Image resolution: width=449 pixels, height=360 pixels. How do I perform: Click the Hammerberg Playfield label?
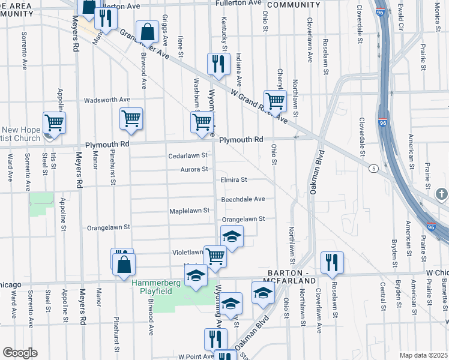tap(152, 290)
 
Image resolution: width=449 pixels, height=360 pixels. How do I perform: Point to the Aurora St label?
tap(194, 169)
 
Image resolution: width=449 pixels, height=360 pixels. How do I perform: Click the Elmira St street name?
tap(234, 179)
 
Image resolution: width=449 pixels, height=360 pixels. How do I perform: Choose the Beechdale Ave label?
tap(243, 199)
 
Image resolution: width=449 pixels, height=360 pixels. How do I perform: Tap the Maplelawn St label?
tap(189, 211)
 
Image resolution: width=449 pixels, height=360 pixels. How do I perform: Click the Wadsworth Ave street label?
tap(107, 100)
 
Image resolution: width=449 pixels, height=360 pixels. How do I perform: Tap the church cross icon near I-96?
tap(441, 194)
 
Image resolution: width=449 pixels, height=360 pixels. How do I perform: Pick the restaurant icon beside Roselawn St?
tap(331, 262)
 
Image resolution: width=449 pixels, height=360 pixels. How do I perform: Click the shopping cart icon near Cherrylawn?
tap(274, 100)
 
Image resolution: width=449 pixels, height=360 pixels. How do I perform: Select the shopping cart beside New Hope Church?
tap(54, 122)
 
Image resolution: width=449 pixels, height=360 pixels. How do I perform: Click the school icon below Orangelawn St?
tap(232, 236)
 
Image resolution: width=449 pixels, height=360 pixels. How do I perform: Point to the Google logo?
tap(20, 353)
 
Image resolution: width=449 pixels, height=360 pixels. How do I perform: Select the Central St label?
tap(381, 298)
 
